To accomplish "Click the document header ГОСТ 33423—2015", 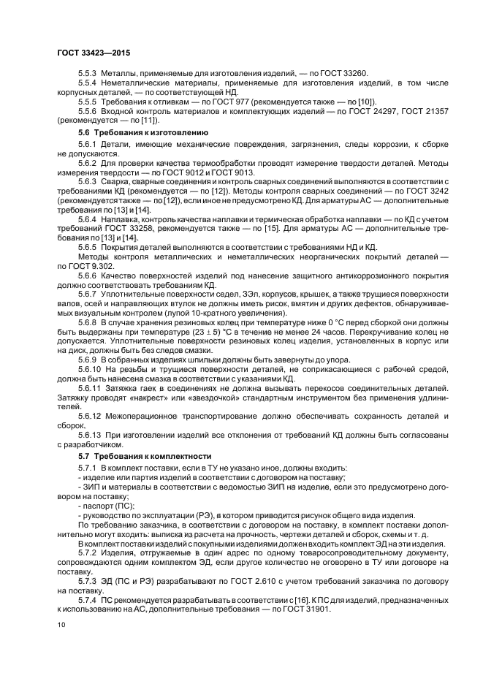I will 88,53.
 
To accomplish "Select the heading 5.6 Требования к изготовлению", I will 142,133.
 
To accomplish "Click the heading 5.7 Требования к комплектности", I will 142,476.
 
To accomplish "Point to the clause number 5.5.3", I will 87,75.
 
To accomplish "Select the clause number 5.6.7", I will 87,291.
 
